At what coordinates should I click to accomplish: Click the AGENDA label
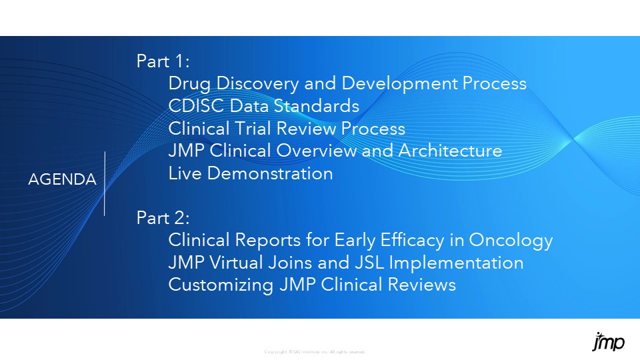(x=62, y=179)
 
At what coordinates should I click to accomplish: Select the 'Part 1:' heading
(x=163, y=61)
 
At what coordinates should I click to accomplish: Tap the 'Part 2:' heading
(x=164, y=217)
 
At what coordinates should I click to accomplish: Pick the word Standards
(x=319, y=106)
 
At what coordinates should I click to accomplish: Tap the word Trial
(x=249, y=128)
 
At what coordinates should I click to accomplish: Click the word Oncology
(x=511, y=240)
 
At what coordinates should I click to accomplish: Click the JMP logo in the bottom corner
(x=608, y=342)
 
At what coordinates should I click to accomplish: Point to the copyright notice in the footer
(x=315, y=352)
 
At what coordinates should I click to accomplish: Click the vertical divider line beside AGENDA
(x=105, y=183)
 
